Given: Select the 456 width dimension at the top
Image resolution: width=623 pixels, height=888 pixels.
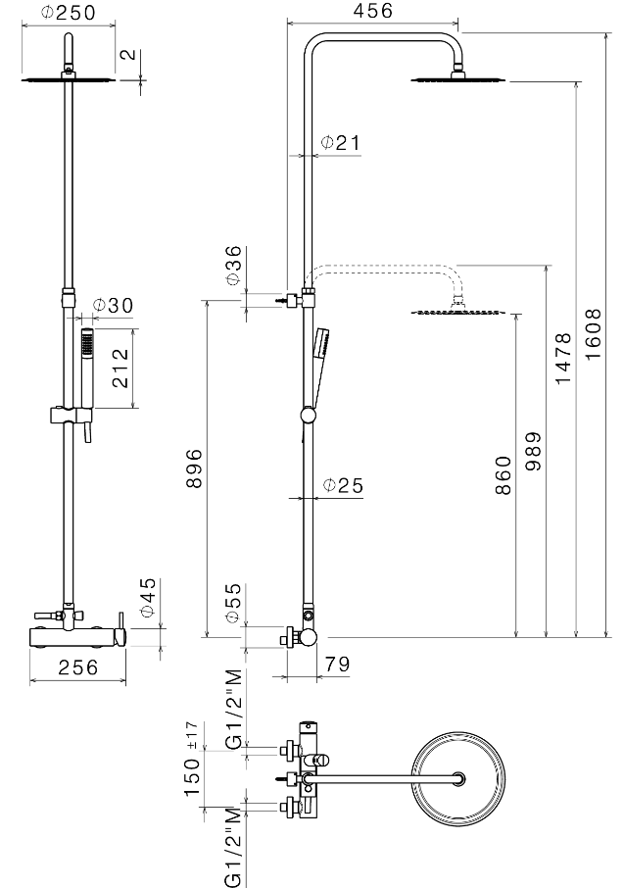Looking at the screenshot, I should pos(372,12).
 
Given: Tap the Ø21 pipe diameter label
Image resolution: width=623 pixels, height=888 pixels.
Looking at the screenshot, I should pos(341,143).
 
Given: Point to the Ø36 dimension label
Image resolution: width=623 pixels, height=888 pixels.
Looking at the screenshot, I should pos(233,266).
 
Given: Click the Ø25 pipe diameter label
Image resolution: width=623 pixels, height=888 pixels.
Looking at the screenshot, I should pos(343,485).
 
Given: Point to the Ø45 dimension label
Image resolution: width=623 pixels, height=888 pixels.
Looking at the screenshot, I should pos(147,598).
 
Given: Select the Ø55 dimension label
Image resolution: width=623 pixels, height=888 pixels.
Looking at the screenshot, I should pos(232,604).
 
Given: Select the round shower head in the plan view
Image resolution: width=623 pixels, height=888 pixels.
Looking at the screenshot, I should pos(460,780).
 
